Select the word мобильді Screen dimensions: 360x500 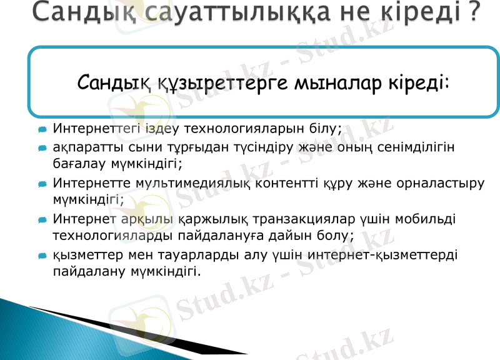[431, 220]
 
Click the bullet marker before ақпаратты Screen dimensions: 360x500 [42, 148]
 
